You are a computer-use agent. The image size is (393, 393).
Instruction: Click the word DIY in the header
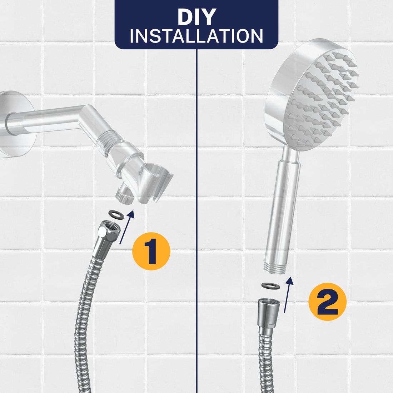pos(196,17)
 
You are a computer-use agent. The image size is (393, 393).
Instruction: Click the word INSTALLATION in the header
pos(196,36)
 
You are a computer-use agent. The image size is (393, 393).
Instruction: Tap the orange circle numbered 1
pos(151,251)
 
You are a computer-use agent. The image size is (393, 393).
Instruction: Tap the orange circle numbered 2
pos(327,302)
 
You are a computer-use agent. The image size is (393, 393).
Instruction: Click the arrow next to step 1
pos(127,227)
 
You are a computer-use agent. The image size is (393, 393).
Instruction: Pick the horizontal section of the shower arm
pos(46,120)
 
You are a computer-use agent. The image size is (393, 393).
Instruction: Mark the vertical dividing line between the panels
pos(197,214)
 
